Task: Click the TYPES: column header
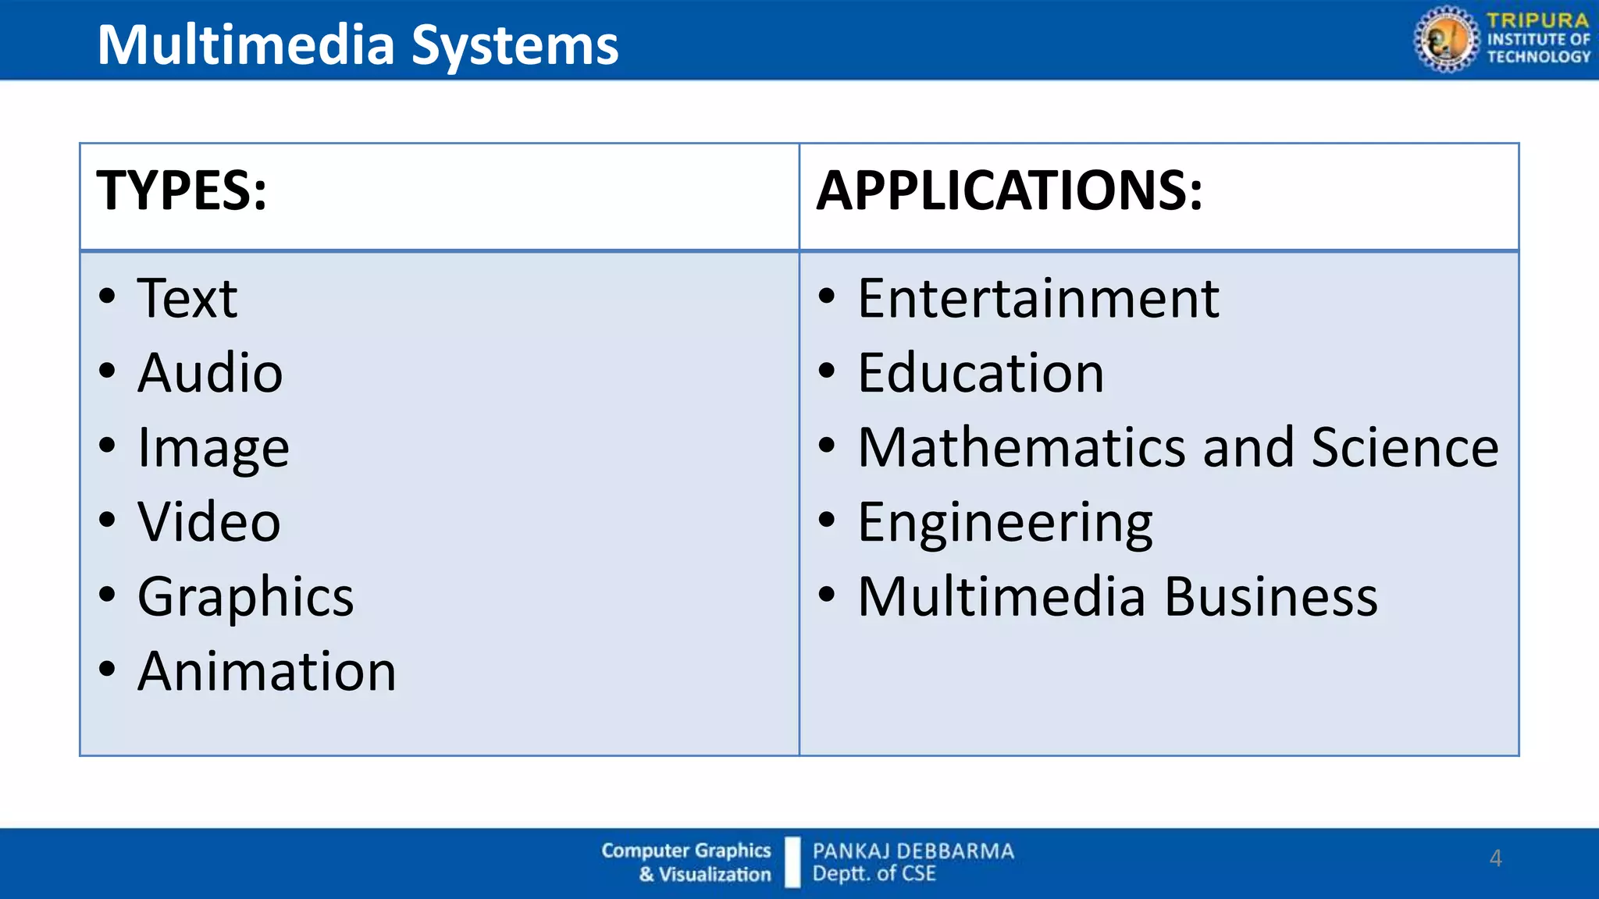(x=181, y=190)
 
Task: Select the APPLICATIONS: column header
(x=1009, y=190)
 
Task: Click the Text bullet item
(x=187, y=298)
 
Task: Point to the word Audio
(x=210, y=372)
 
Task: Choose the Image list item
(x=213, y=448)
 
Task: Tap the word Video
(x=208, y=521)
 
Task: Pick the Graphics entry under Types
(x=245, y=597)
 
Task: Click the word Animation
(x=267, y=671)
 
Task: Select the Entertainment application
(x=1038, y=298)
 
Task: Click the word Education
(x=981, y=372)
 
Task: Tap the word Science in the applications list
(x=1405, y=447)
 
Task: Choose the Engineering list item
(x=1005, y=522)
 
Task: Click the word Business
(x=1271, y=597)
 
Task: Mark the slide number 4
(x=1495, y=858)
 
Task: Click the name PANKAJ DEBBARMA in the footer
(x=913, y=851)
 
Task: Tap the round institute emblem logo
(x=1446, y=39)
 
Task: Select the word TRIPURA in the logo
(x=1537, y=20)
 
